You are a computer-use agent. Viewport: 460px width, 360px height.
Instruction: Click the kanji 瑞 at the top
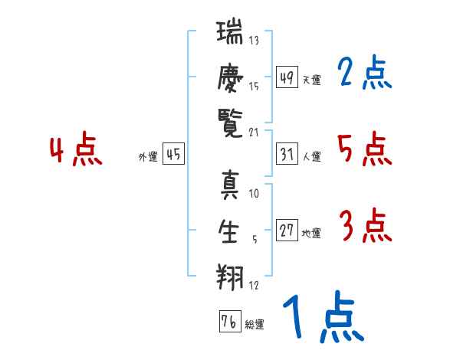(x=230, y=31)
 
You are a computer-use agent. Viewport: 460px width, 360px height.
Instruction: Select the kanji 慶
(x=230, y=77)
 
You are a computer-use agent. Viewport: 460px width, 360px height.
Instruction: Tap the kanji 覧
(x=230, y=124)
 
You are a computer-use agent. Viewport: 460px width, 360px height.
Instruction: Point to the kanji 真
(x=230, y=185)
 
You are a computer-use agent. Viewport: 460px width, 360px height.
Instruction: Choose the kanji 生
(x=228, y=231)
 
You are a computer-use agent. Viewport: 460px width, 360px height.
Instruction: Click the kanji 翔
(x=230, y=277)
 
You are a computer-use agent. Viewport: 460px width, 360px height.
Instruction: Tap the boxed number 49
(x=287, y=77)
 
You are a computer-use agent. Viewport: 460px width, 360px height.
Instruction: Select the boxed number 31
(x=287, y=154)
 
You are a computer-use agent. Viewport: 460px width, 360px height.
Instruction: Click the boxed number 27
(x=287, y=230)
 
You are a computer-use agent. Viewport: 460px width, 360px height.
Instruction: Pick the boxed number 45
(x=173, y=154)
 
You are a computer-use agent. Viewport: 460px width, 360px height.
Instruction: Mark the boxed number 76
(x=230, y=321)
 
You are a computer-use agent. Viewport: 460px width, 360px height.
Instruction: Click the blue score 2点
(x=365, y=72)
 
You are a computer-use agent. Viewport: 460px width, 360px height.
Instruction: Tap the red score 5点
(x=365, y=149)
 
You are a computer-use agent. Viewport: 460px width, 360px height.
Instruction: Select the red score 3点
(x=366, y=225)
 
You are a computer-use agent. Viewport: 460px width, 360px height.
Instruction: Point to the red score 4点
(x=76, y=149)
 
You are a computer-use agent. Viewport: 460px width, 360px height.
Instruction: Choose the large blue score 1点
(x=324, y=316)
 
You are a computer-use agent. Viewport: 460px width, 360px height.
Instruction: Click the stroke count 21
(x=254, y=133)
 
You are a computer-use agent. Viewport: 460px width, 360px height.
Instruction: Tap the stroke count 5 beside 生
(x=255, y=239)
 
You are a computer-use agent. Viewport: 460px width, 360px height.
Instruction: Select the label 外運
(x=148, y=157)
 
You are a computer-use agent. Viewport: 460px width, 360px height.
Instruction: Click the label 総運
(x=255, y=325)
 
